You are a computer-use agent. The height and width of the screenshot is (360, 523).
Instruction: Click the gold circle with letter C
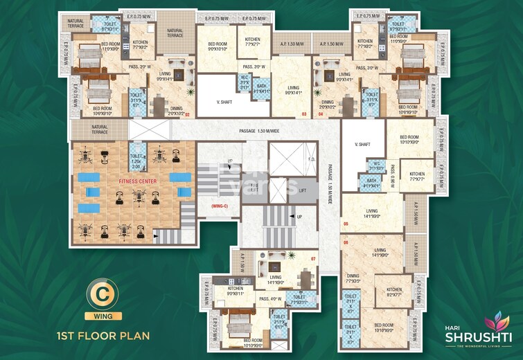[103, 296]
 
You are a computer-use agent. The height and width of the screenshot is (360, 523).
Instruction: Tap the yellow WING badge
[103, 316]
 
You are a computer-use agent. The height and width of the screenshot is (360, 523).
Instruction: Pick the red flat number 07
[313, 260]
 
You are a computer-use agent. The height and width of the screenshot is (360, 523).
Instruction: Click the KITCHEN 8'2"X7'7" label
[394, 292]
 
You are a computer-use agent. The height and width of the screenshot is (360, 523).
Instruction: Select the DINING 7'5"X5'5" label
[353, 279]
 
